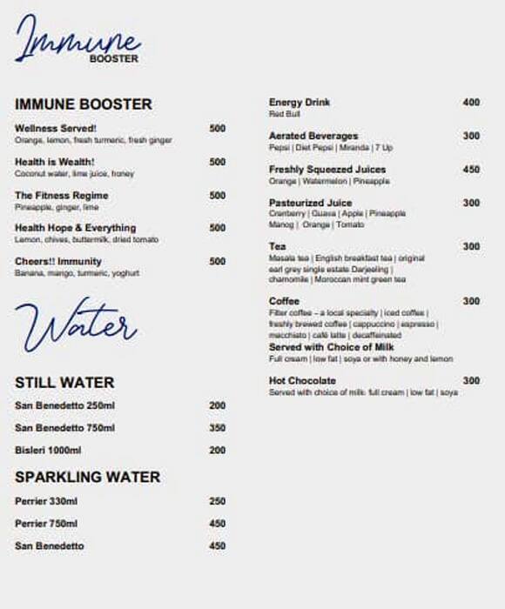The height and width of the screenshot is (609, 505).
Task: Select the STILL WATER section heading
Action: tap(64, 383)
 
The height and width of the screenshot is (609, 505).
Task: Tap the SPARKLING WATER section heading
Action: tap(88, 477)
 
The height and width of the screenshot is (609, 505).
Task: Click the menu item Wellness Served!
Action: tap(56, 129)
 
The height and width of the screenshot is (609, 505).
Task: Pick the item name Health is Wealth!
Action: tap(54, 162)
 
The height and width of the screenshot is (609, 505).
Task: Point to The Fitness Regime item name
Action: tap(62, 196)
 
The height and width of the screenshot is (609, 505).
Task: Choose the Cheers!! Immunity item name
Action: tap(58, 261)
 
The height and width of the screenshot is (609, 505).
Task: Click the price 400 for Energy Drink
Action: tap(471, 103)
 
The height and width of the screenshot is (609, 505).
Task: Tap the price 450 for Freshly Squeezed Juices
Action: tap(471, 170)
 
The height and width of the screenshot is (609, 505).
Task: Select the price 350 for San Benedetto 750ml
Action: tap(218, 428)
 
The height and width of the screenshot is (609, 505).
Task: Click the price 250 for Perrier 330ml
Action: tap(218, 501)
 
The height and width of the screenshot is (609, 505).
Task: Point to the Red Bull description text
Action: tap(285, 114)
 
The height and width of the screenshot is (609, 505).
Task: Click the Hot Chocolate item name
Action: tap(302, 381)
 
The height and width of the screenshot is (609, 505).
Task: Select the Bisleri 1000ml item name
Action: tap(48, 451)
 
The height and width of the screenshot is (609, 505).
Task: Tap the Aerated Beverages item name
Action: tap(313, 137)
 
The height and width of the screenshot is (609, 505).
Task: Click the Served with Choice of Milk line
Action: tap(332, 347)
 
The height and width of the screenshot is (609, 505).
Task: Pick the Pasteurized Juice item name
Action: tap(309, 203)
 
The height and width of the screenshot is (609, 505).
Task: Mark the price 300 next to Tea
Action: tap(471, 247)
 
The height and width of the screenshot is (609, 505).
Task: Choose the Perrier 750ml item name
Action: tap(46, 524)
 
